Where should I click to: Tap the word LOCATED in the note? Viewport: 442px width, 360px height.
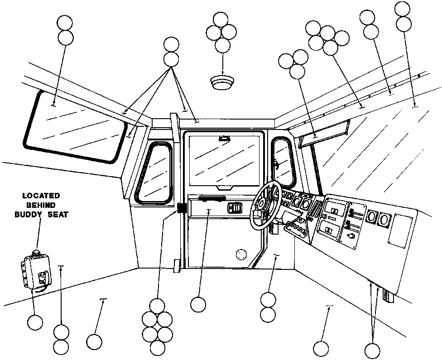point(41,196)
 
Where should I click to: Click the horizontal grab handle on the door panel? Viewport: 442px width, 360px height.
point(211,198)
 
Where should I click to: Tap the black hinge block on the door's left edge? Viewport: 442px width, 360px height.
point(182,208)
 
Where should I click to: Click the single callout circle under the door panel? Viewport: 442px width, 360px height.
point(198,304)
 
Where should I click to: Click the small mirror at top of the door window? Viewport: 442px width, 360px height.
point(224,138)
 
